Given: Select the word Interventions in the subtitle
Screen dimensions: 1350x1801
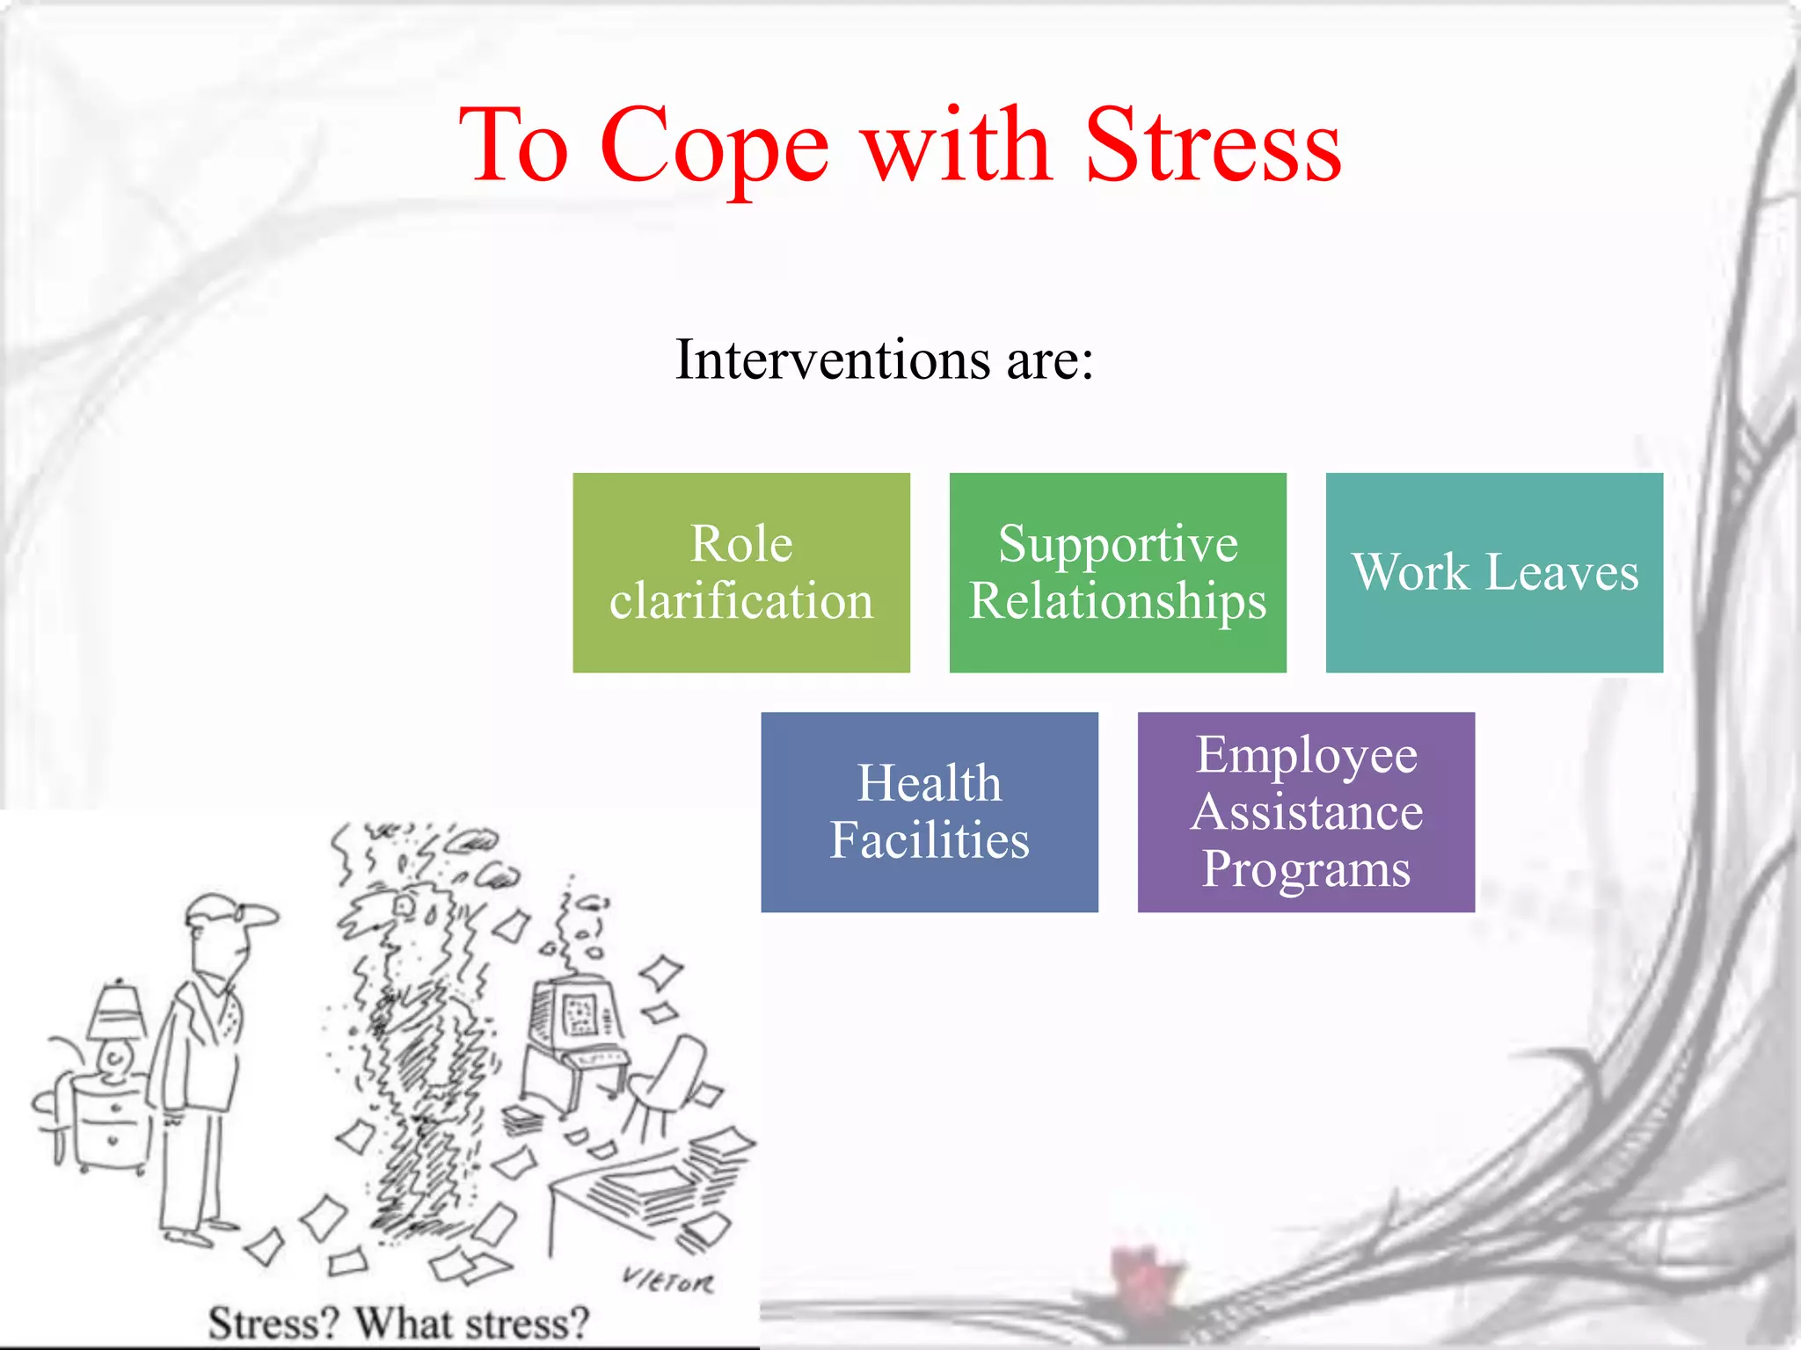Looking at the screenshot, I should pos(832,360).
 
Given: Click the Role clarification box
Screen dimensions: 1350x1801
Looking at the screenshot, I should pos(740,572).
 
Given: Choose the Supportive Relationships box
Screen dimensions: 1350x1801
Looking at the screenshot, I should pos(1117,572).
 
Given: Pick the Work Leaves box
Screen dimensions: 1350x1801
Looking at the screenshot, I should pos(1493,572).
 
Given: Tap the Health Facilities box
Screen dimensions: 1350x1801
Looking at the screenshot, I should pos(929,811).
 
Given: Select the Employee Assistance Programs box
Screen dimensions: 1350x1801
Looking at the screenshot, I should pos(1305,811).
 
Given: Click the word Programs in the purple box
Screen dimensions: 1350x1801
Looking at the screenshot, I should pos(1305,869).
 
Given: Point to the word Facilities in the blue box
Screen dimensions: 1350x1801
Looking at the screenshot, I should pos(929,840).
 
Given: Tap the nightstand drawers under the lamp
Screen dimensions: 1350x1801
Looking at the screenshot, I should pos(113,1125).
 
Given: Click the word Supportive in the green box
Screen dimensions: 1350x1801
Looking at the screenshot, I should pos(1117,544).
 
